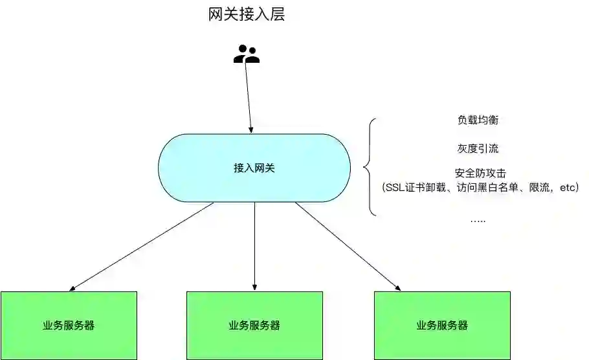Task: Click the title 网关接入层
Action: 247,15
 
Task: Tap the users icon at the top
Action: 246,54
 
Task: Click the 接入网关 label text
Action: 254,168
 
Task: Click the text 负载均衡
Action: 478,120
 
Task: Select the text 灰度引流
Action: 478,148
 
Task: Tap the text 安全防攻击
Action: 478,174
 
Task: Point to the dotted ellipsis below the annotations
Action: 478,220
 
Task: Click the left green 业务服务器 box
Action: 69,325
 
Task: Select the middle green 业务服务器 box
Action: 254,325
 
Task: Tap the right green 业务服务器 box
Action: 442,325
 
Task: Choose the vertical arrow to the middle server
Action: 254,246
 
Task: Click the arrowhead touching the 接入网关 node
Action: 251,129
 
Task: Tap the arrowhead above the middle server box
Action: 254,287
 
